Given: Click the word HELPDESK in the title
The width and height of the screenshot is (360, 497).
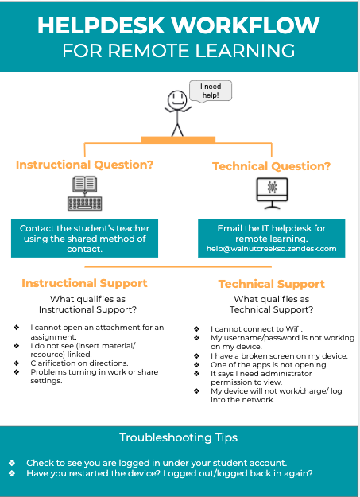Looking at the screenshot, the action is click(x=101, y=25).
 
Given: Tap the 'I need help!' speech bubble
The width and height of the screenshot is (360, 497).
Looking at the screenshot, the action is click(x=211, y=91).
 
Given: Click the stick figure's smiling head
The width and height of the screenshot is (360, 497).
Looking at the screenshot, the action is click(x=177, y=100).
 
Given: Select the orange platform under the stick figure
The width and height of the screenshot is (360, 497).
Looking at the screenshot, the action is click(x=178, y=140).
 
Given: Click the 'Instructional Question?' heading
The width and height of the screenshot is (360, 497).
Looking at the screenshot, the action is click(x=84, y=165).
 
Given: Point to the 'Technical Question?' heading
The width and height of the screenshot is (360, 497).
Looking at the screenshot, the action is click(x=271, y=166).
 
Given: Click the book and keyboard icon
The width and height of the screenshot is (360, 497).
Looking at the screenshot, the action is click(x=84, y=193).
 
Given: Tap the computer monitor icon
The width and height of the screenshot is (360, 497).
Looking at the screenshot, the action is click(x=272, y=193).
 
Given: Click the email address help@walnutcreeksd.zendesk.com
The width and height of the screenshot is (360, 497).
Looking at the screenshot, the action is click(x=271, y=249).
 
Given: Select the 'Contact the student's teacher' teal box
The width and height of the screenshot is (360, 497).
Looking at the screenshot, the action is click(x=84, y=238).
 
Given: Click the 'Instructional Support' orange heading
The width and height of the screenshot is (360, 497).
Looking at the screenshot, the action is click(x=84, y=283).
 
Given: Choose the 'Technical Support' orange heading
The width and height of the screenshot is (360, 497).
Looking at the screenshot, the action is click(x=272, y=284).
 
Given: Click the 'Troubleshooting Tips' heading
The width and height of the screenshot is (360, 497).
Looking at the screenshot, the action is click(x=179, y=437).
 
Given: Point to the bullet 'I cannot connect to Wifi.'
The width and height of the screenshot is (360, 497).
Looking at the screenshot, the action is click(x=257, y=329).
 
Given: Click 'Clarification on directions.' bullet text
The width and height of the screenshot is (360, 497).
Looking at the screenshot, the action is click(x=79, y=363).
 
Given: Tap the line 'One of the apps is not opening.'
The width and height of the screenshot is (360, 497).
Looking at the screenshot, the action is click(x=269, y=365).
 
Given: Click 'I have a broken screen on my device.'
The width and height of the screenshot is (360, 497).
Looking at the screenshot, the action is click(x=279, y=356).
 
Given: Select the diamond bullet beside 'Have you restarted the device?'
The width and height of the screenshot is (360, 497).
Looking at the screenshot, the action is click(x=12, y=473).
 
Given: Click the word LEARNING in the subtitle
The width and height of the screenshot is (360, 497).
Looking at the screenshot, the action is click(x=245, y=51).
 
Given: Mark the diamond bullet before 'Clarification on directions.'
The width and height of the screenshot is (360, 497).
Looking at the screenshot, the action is click(x=17, y=363).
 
